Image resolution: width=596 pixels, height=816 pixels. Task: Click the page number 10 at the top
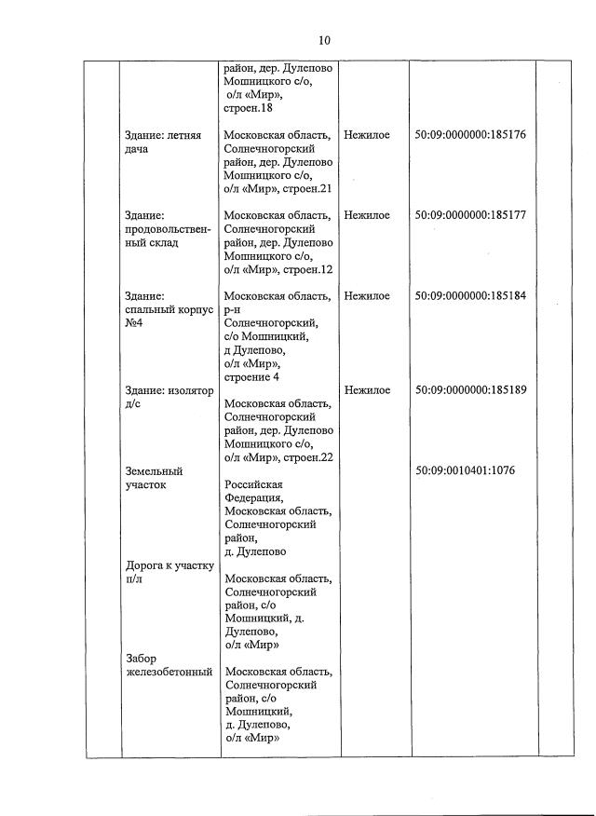pyautogui.click(x=324, y=40)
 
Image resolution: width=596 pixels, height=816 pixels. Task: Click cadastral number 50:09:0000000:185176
pyautogui.click(x=470, y=135)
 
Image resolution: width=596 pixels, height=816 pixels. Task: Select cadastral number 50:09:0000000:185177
pyautogui.click(x=470, y=215)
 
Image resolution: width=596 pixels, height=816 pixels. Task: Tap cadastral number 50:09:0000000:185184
pyautogui.click(x=470, y=296)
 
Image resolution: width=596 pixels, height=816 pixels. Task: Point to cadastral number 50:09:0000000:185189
pyautogui.click(x=470, y=390)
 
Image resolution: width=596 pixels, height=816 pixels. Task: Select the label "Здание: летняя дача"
pyautogui.click(x=157, y=142)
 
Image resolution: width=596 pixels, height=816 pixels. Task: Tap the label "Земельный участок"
pyautogui.click(x=154, y=478)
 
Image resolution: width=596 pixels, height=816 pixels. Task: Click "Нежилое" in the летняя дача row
pyautogui.click(x=367, y=135)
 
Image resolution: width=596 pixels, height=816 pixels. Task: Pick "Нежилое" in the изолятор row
pyautogui.click(x=367, y=390)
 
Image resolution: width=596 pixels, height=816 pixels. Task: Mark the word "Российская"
pyautogui.click(x=253, y=484)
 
